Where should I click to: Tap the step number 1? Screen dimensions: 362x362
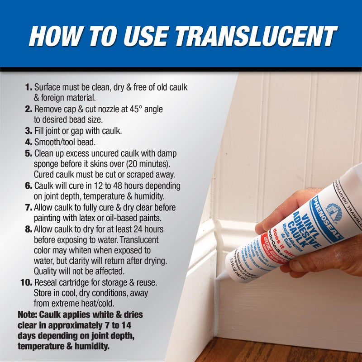coord(28,87)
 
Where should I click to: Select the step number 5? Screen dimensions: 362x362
coord(28,153)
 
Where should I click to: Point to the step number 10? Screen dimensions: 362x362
coord(26,283)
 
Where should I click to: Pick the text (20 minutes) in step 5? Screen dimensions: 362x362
coord(155,164)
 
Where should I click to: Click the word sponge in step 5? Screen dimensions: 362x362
coord(47,164)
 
